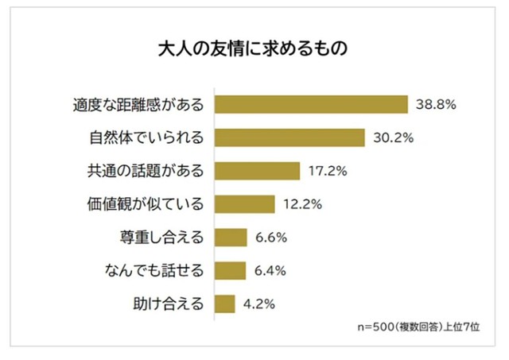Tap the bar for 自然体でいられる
point(290,138)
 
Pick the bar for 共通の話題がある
point(258,171)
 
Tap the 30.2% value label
point(392,138)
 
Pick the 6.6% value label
point(270,238)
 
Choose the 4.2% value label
point(260,304)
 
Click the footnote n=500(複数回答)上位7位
point(417,326)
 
